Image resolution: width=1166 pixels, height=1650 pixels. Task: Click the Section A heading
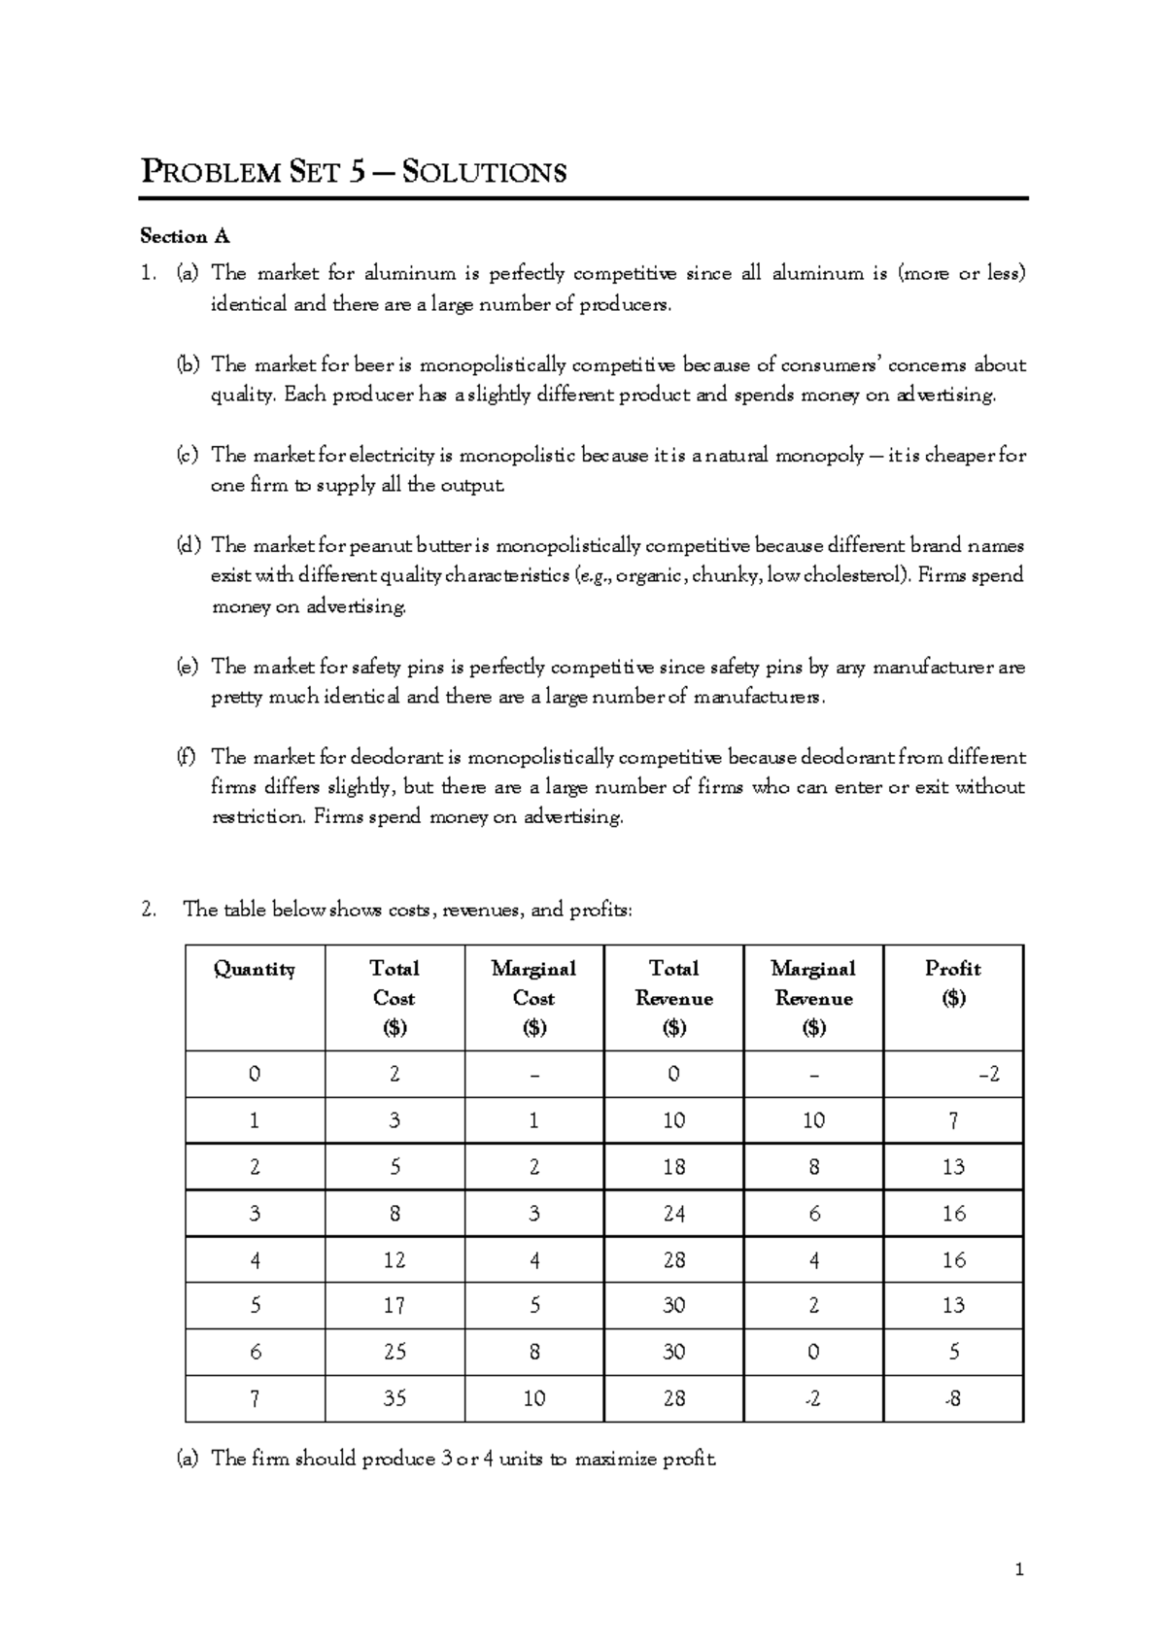(185, 236)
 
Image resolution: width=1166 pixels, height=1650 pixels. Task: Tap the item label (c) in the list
(188, 455)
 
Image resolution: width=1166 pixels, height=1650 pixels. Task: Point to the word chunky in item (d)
(729, 575)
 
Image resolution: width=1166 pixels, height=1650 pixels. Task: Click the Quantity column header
(255, 969)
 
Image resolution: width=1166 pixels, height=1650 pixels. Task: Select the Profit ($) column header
(953, 982)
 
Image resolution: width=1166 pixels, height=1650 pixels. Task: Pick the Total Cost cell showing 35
(394, 1398)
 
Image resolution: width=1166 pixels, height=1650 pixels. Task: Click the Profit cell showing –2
(988, 1074)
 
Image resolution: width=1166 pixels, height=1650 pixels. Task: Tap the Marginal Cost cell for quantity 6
(534, 1352)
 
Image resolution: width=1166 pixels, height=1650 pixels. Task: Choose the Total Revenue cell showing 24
(673, 1213)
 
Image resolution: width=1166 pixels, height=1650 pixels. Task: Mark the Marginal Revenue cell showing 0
(813, 1352)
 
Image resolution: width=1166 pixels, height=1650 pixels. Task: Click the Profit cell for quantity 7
(953, 1398)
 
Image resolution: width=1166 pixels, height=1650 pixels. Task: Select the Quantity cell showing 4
(255, 1259)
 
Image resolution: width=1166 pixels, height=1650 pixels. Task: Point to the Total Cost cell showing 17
(394, 1305)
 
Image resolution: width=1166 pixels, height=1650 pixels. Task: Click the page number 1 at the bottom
(1019, 1568)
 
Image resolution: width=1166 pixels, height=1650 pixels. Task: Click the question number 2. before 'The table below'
(148, 910)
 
